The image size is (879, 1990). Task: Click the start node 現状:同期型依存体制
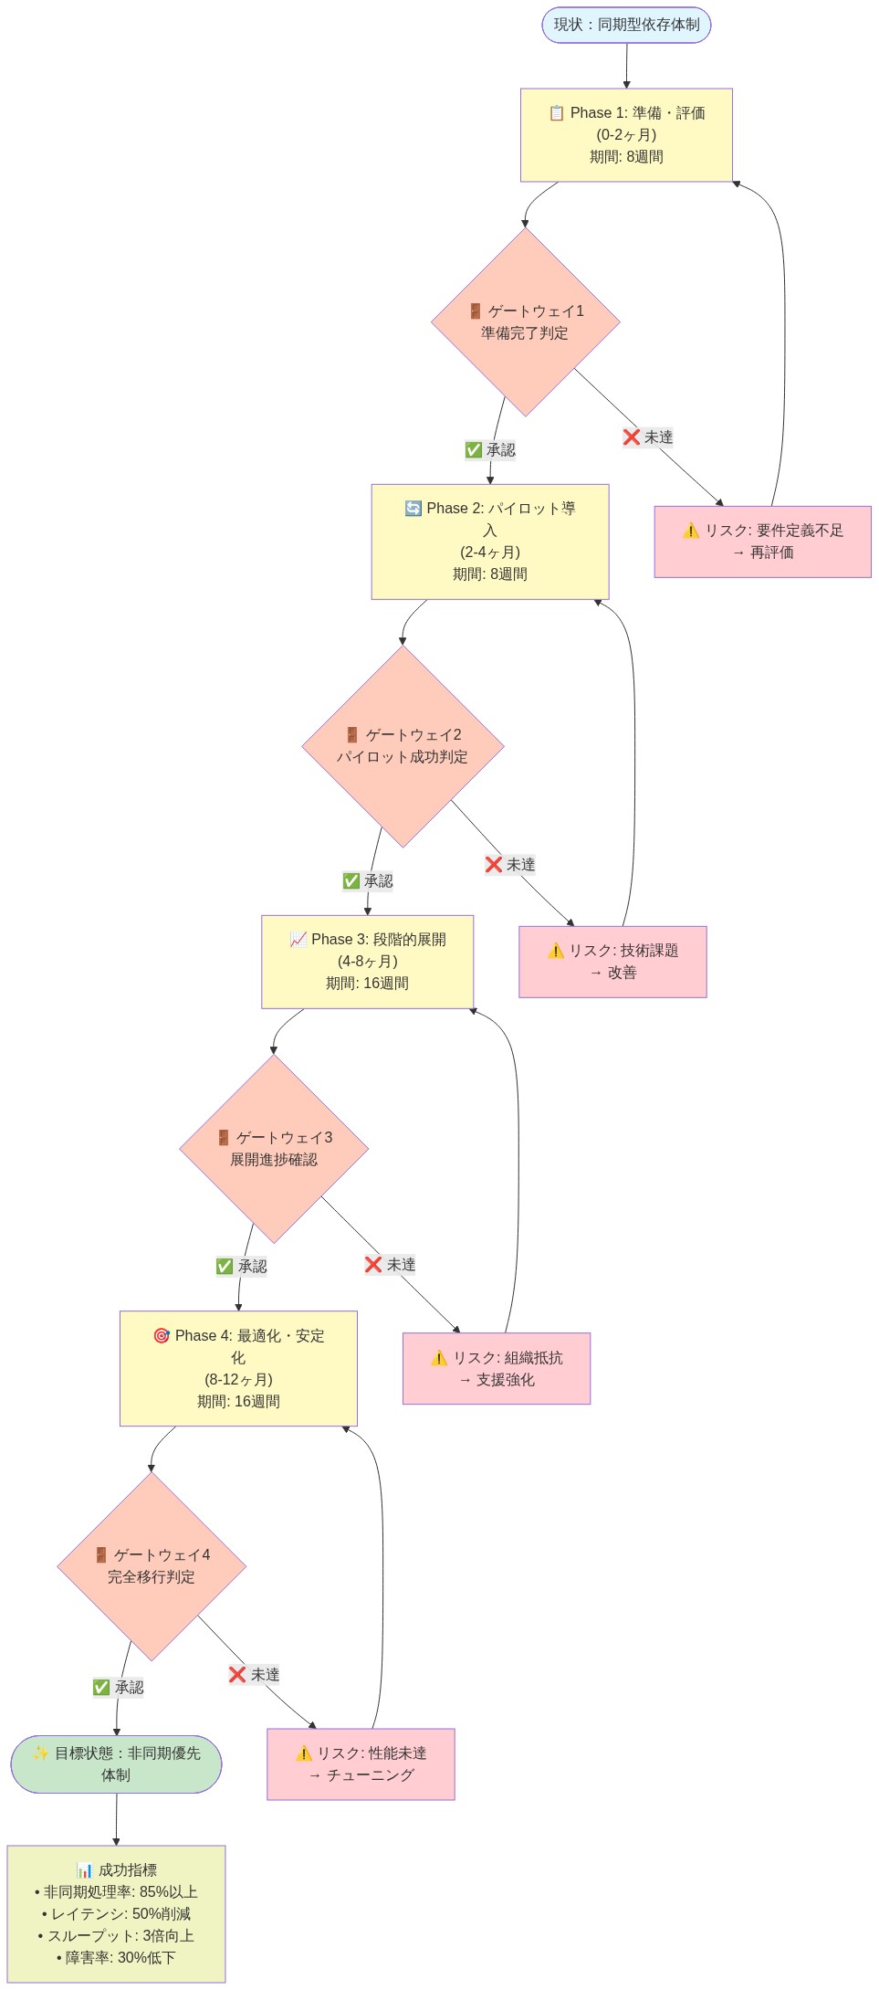coord(626,25)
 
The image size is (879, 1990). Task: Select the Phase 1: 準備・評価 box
coord(626,134)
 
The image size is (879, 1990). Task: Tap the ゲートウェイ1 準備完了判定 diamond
coord(525,321)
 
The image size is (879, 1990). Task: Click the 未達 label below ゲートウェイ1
coord(648,437)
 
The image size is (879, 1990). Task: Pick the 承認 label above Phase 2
coord(490,450)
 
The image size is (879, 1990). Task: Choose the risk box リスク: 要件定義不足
coord(762,542)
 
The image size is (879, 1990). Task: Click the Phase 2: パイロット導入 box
coord(489,542)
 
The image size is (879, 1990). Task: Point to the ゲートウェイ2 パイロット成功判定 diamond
coord(403,746)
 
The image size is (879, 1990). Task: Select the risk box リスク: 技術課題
coord(612,962)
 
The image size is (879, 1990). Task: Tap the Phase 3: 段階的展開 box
coord(367,962)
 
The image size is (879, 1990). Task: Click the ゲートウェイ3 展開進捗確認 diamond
coord(274,1149)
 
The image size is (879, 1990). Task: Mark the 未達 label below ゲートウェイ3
coord(391,1265)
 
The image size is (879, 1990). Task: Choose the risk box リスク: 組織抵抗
coord(497,1368)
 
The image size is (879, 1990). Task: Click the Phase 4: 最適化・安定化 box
coord(238,1368)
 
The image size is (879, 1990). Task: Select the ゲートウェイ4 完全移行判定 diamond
coord(152,1566)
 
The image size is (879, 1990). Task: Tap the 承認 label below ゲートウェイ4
coord(119,1687)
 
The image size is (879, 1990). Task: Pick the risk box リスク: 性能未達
coord(361,1764)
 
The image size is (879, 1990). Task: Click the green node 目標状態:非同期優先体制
coord(116,1764)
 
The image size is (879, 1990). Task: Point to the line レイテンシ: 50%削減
coord(116,1913)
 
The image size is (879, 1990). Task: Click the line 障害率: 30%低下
coord(116,1957)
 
